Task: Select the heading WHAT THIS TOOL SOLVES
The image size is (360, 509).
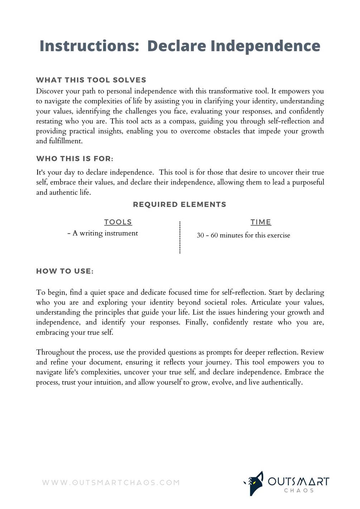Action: tap(91, 80)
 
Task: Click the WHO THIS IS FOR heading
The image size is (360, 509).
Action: tap(75, 159)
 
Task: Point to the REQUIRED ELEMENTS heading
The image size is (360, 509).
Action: tap(179, 205)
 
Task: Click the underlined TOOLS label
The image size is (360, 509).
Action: tap(118, 222)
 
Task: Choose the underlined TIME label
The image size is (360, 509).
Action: tap(261, 222)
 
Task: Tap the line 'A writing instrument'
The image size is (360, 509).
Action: tap(103, 233)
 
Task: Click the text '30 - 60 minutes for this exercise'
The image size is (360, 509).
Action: tap(244, 235)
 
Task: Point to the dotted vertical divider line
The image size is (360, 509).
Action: tap(180, 237)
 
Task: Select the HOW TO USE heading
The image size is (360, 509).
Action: tap(65, 271)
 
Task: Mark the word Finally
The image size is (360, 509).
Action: tap(196, 322)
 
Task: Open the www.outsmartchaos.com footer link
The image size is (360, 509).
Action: tap(111, 482)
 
